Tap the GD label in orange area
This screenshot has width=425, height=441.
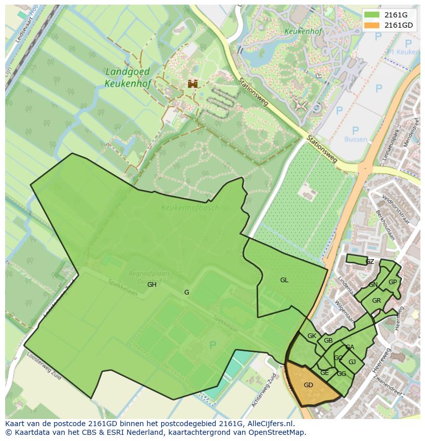coord(308,385)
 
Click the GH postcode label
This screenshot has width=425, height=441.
coord(152,285)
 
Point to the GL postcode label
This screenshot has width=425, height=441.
coord(284,280)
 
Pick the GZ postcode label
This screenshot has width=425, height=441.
coord(370,262)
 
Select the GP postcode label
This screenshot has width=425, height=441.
coord(393,282)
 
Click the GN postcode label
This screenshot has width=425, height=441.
coord(373,285)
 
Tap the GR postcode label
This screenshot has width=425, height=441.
coord(376,301)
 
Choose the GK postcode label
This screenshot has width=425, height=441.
coord(312,336)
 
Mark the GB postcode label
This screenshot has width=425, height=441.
coord(328,341)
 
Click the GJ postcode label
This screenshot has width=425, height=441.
coord(352,362)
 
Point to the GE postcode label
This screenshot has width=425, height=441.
coord(324,373)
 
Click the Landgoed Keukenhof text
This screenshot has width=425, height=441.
coord(127,77)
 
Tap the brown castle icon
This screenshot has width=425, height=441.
coord(192,83)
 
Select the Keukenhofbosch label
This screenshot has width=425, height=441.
coord(190,208)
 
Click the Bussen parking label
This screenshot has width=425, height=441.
coord(356,139)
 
